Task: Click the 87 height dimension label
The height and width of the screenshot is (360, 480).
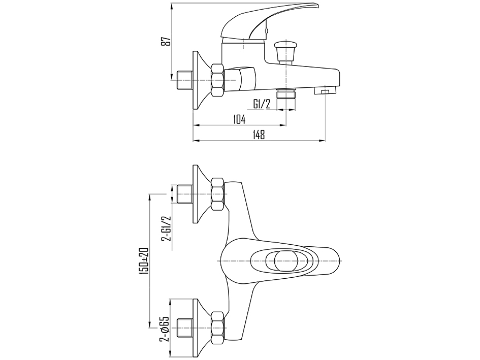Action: coord(167,41)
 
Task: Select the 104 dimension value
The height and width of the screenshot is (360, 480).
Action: coord(239,119)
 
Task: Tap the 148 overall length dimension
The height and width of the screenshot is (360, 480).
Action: coord(259,135)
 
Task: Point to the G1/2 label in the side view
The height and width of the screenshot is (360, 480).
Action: coord(262,105)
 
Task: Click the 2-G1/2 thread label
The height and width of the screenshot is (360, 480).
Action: coord(167,228)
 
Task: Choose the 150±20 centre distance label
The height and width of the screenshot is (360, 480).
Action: coord(144,260)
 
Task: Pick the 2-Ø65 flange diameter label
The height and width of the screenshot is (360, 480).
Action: coord(165,333)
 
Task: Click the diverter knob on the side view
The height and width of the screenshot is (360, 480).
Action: coord(286,51)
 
